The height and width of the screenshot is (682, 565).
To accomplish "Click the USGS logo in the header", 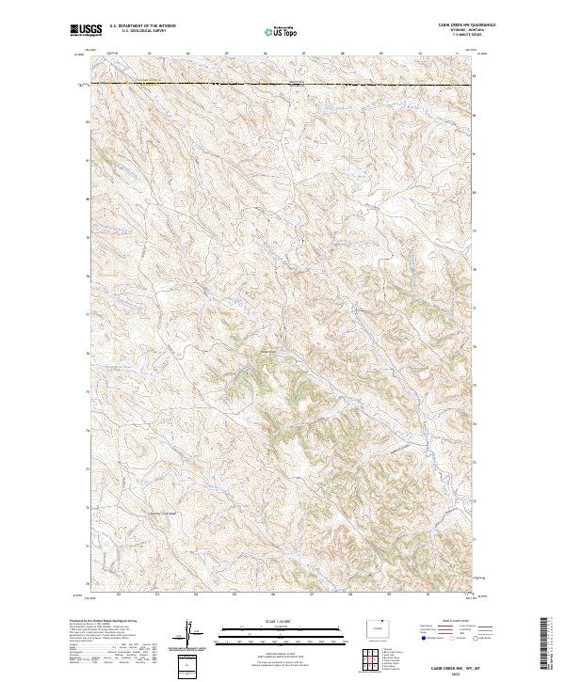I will [87, 31].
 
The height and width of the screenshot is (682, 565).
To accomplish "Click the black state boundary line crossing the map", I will [282, 85].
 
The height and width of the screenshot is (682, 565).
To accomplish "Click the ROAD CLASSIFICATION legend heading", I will [443, 621].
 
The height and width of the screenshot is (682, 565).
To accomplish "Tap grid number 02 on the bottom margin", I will [119, 594].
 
